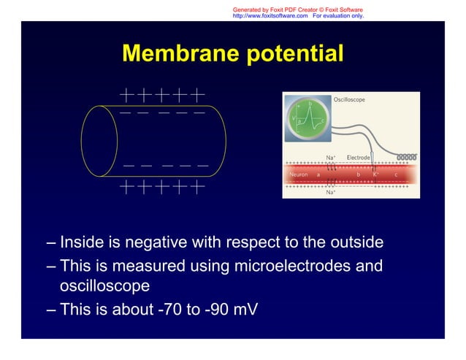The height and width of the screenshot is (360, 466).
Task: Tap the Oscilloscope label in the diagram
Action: [349, 99]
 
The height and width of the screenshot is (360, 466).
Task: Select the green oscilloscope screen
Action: [310, 118]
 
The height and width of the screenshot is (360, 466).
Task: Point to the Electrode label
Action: [358, 157]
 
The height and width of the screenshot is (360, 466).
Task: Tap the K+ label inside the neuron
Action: [375, 175]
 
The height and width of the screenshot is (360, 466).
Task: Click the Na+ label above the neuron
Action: [331, 157]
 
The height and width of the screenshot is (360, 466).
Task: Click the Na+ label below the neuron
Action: [331, 193]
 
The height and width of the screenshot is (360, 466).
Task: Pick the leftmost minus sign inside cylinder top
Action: [126, 112]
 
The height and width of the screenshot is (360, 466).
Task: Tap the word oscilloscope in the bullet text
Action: [104, 285]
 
